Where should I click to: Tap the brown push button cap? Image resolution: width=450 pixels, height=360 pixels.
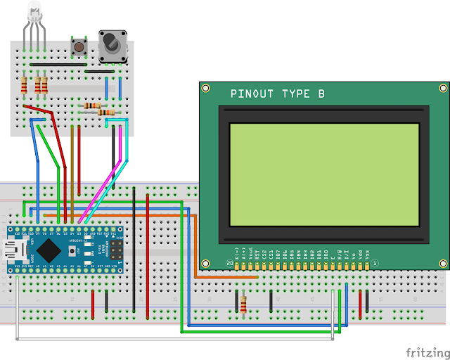pos(79,47)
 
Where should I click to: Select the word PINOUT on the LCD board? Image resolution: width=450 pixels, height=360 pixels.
pos(253,94)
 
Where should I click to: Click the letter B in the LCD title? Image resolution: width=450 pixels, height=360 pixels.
pos(321,94)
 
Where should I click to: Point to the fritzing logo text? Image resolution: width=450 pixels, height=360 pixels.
pos(426,352)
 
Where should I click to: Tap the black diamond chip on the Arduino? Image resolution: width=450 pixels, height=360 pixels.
pos(49,248)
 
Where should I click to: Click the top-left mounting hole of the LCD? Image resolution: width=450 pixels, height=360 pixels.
pos(206,89)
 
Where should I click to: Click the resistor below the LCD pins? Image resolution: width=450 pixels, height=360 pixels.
pos(243,303)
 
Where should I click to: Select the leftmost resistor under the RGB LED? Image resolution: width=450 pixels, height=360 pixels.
pos(26,85)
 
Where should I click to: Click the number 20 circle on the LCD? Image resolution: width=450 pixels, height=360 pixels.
pos(230,263)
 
